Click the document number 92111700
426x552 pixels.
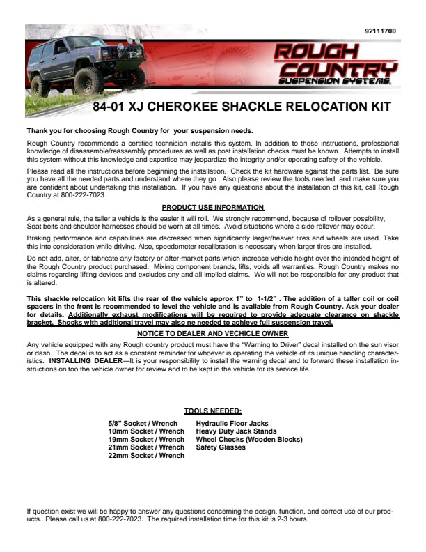[x=380, y=31]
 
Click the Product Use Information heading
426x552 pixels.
[x=212, y=208]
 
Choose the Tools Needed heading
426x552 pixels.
[x=212, y=411]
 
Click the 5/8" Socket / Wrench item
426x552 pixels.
[x=142, y=423]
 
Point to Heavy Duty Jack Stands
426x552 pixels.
[x=236, y=431]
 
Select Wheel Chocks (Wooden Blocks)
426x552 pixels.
[x=249, y=440]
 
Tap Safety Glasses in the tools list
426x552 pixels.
[x=221, y=447]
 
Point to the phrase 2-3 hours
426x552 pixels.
[x=293, y=519]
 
